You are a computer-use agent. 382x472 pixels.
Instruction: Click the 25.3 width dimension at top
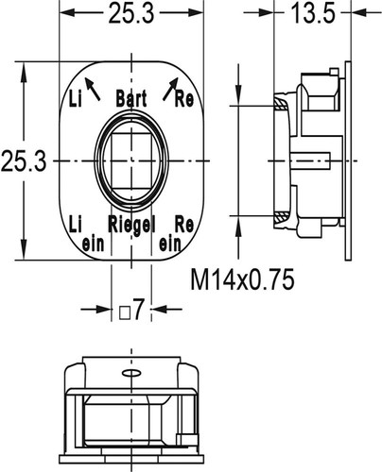click(x=131, y=13)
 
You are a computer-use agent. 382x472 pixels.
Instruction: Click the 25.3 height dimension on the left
click(x=24, y=161)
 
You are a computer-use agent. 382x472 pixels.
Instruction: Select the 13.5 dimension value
click(x=313, y=13)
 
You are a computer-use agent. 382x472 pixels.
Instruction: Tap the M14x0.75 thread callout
click(x=242, y=279)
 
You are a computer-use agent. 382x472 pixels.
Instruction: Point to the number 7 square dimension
click(x=139, y=310)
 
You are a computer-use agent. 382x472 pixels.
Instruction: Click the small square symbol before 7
click(x=124, y=312)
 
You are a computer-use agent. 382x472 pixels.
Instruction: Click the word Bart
click(x=131, y=99)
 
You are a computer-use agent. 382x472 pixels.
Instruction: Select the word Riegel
click(x=131, y=225)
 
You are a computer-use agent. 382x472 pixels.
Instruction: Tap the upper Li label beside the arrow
click(x=76, y=99)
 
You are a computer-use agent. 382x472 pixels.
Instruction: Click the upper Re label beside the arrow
click(x=184, y=99)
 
